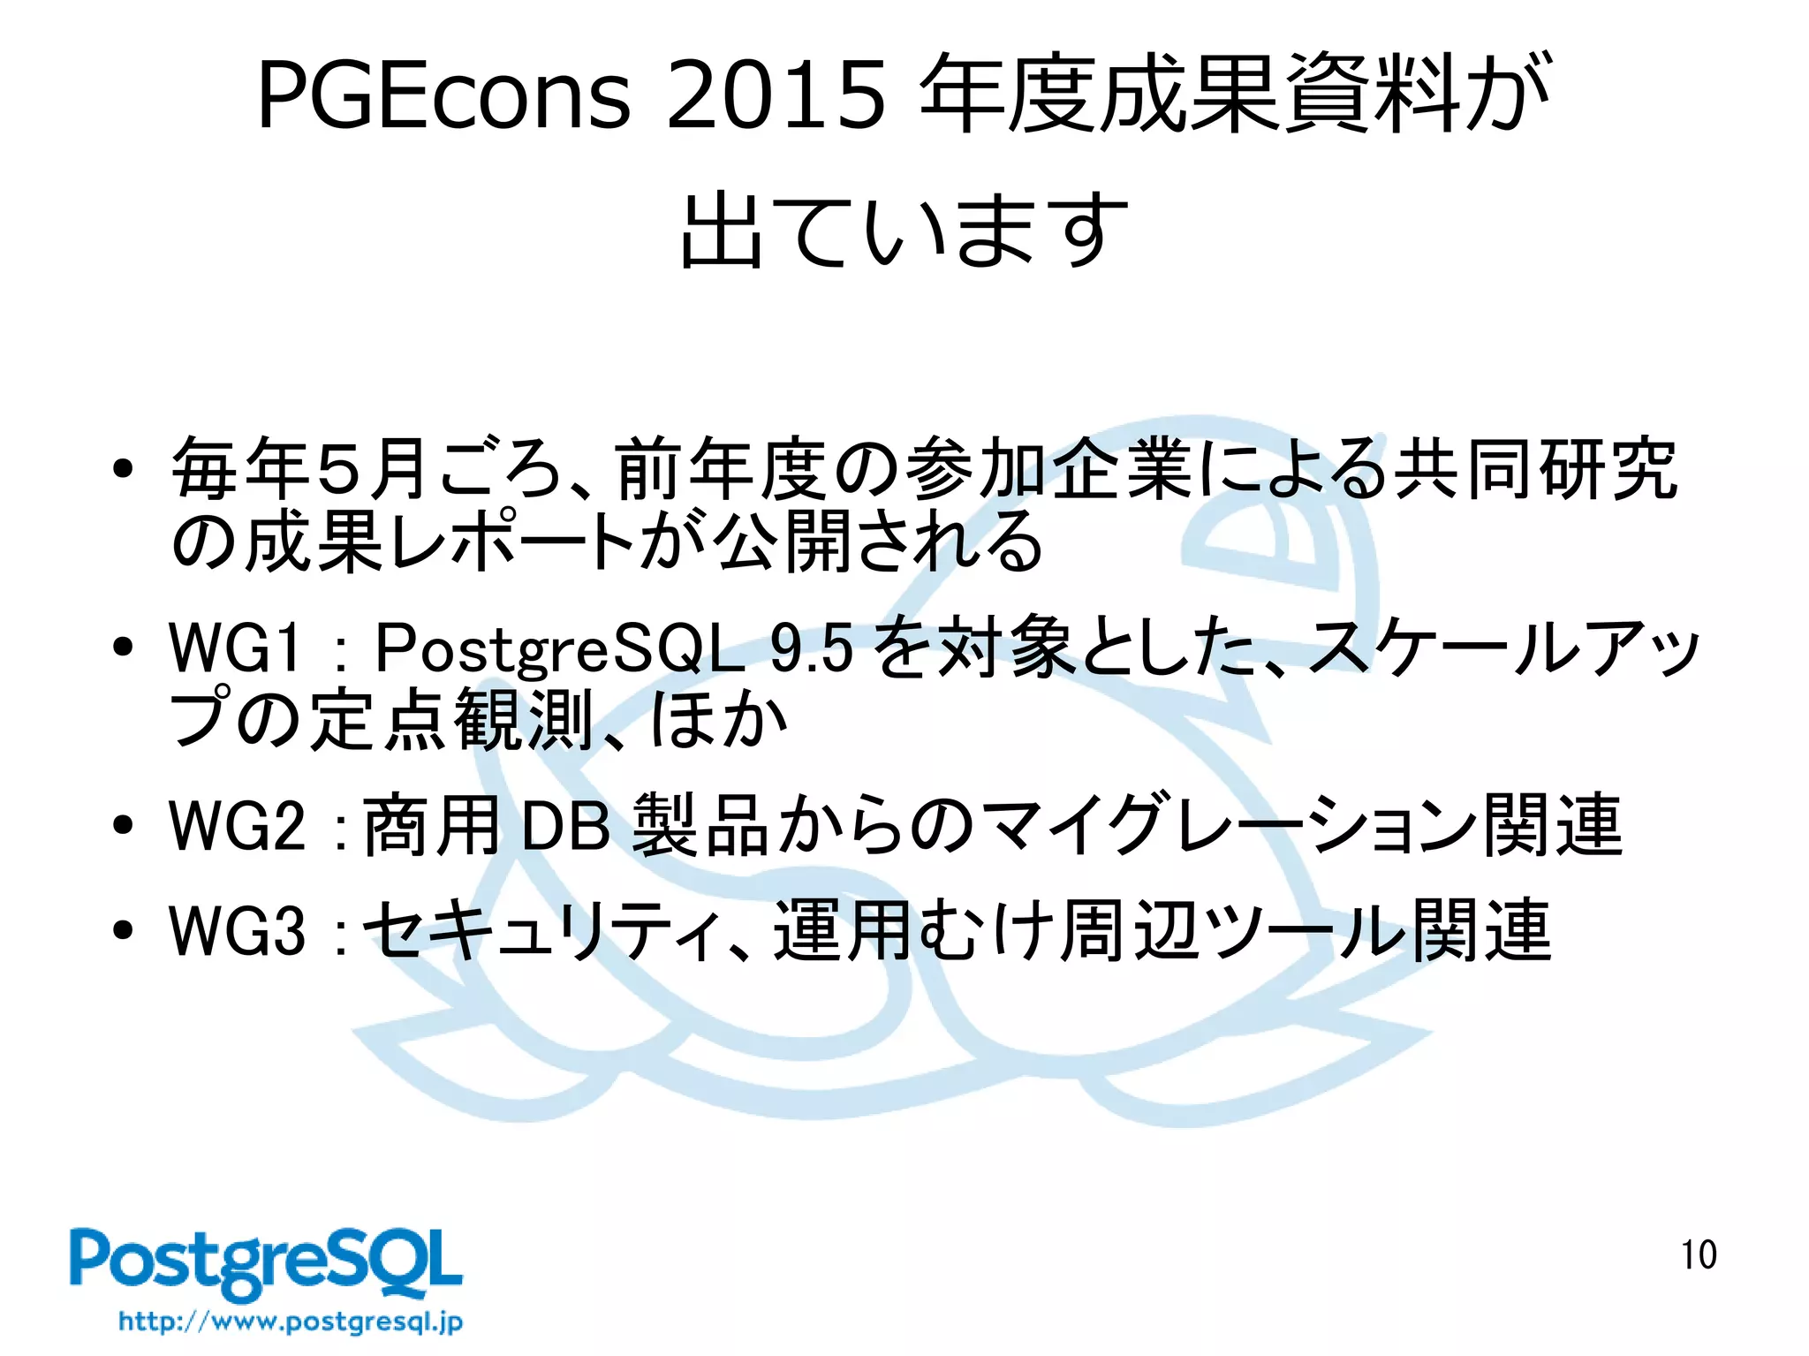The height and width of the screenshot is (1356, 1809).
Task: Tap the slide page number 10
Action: [x=1698, y=1255]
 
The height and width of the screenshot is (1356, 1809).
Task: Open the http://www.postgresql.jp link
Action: [x=291, y=1322]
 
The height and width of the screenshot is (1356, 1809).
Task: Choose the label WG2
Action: [x=237, y=825]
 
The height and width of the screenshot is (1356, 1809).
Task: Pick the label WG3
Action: [x=237, y=930]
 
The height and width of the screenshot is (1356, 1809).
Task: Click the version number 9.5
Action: [x=811, y=648]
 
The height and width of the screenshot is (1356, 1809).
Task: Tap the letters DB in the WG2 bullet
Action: [x=566, y=826]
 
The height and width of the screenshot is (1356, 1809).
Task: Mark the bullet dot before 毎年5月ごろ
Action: [x=123, y=468]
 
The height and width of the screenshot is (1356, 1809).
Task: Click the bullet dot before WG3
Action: [x=123, y=930]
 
